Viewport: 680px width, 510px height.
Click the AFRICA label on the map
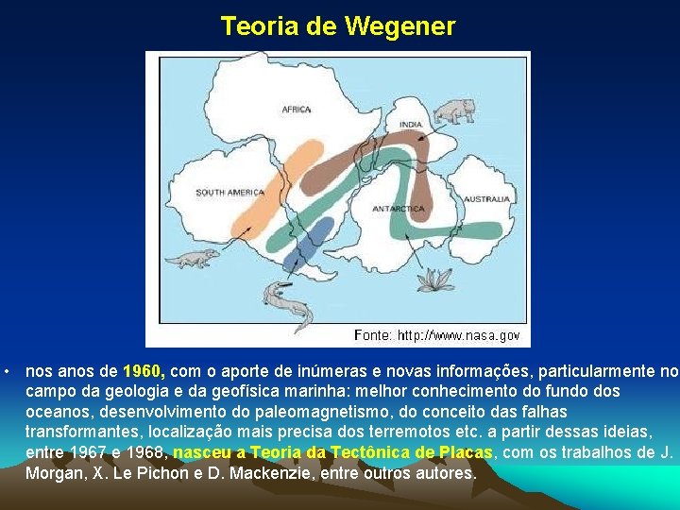tap(296, 110)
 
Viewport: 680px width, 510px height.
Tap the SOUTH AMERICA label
tap(230, 193)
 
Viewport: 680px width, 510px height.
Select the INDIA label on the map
tap(411, 125)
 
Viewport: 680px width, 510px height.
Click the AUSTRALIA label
tap(487, 199)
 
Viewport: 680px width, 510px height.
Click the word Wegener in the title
tap(399, 26)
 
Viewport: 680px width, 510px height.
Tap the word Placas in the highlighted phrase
tap(466, 452)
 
